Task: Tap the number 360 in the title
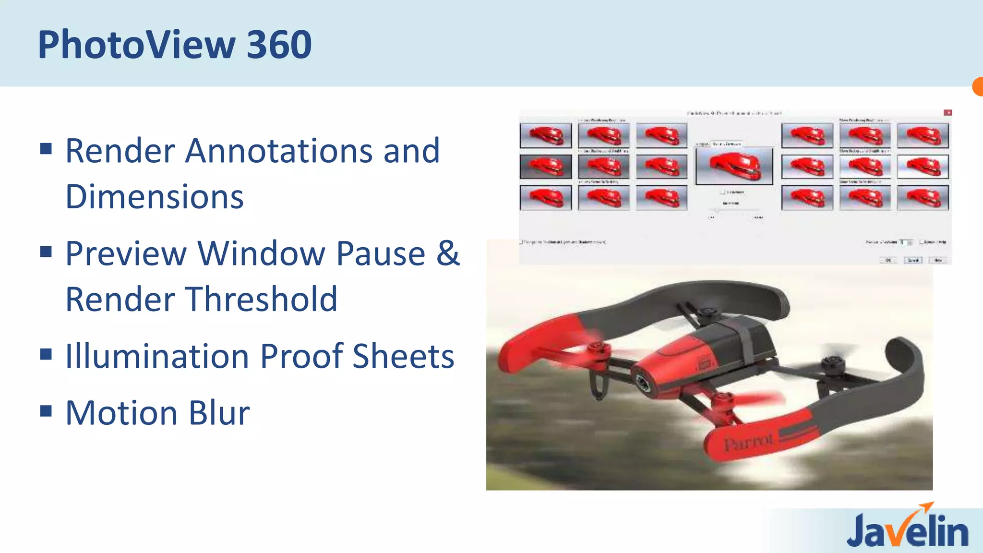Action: [279, 45]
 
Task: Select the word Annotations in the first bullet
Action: [278, 151]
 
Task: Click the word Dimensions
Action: [155, 197]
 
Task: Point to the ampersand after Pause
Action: [448, 253]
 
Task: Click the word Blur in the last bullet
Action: [219, 413]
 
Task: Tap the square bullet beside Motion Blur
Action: [46, 411]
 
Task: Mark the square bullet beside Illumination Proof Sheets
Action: [46, 354]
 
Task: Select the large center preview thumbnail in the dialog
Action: [734, 166]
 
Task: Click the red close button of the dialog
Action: [947, 113]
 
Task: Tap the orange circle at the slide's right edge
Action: [978, 87]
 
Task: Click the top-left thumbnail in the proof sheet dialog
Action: [546, 135]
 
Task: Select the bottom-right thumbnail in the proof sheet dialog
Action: [923, 198]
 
